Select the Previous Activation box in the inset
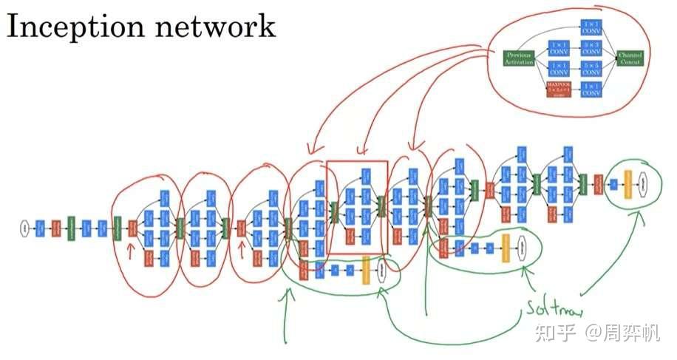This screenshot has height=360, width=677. (519, 58)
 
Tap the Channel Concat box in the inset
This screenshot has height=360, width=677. (630, 58)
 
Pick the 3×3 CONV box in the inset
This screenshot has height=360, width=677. (591, 48)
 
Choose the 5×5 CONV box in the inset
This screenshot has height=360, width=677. (591, 69)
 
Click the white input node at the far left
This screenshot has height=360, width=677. (24, 228)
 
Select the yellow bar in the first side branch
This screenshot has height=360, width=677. (366, 270)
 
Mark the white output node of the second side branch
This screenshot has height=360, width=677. (523, 247)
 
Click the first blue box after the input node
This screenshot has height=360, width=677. (39, 228)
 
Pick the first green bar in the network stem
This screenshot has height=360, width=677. (71, 228)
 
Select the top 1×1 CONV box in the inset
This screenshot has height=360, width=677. (591, 28)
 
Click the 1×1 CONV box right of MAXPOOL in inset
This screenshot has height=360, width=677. (591, 89)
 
